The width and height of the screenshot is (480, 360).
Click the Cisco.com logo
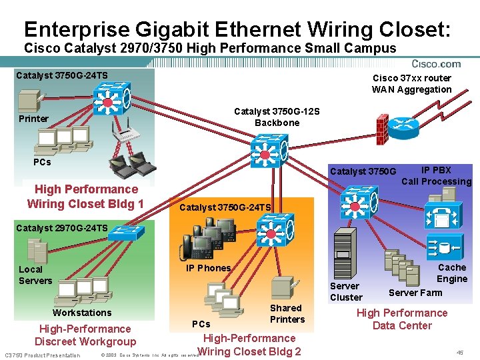click(x=437, y=64)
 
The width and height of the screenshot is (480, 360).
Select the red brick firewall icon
click(x=382, y=125)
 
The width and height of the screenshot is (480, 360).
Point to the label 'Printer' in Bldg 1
click(x=33, y=119)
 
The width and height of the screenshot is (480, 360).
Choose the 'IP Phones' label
click(x=209, y=268)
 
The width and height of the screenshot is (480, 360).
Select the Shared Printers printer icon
click(x=281, y=288)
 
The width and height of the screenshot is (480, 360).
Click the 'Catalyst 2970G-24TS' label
click(x=61, y=228)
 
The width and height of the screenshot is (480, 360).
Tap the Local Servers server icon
click(x=35, y=251)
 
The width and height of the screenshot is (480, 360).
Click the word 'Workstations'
click(x=82, y=313)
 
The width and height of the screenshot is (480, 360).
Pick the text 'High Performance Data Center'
click(x=402, y=319)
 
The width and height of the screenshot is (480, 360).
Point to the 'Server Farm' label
click(x=415, y=293)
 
